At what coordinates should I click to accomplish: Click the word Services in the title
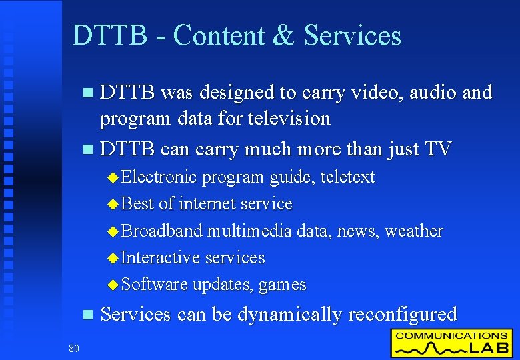353,35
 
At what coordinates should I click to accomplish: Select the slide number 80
73,347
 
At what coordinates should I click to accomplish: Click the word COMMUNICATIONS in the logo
451,335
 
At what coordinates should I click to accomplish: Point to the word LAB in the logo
485,348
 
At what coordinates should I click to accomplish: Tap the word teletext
347,177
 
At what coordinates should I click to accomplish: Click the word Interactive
161,258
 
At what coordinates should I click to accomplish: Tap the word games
282,285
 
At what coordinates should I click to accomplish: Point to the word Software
155,285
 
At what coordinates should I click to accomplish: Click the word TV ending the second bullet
438,149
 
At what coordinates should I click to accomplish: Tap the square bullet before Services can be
84,315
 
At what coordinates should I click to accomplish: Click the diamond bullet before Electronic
113,178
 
